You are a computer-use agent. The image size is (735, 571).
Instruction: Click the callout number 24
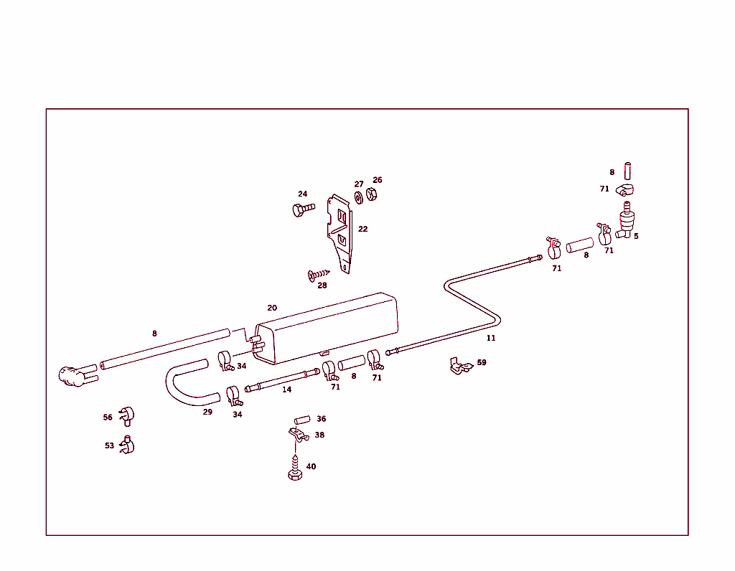(x=303, y=194)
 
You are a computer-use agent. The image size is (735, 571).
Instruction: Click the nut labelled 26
(x=372, y=194)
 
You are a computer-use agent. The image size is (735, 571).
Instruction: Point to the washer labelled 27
(x=358, y=197)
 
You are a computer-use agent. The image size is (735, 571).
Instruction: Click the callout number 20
(x=272, y=308)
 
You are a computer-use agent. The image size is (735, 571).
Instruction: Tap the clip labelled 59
(x=459, y=367)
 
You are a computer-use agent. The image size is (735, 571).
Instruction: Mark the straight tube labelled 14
(x=282, y=379)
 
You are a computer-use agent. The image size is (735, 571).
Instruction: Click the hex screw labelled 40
(x=294, y=473)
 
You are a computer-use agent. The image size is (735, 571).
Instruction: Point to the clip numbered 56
(x=127, y=415)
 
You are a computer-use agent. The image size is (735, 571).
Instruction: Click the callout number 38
(x=319, y=435)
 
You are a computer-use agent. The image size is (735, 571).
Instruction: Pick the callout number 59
(x=482, y=362)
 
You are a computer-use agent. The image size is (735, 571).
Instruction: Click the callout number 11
(x=491, y=338)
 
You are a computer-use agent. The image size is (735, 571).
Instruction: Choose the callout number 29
(x=207, y=412)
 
